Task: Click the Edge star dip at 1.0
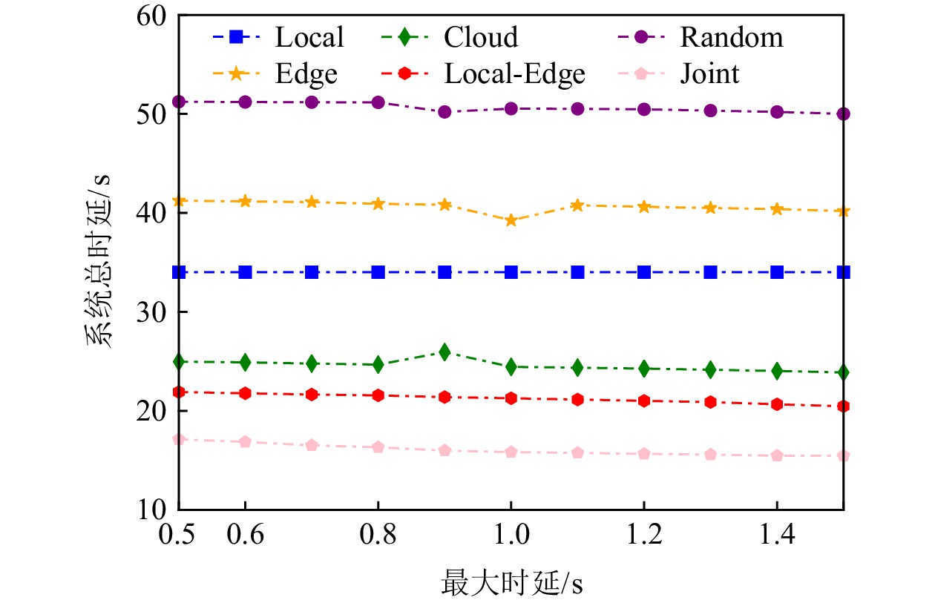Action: [511, 220]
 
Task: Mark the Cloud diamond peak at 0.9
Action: [444, 352]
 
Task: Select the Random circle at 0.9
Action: [444, 112]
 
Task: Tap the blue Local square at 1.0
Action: [511, 272]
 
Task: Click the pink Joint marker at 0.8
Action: [378, 447]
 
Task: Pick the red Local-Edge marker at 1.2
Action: [644, 401]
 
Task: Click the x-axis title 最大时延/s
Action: [511, 582]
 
